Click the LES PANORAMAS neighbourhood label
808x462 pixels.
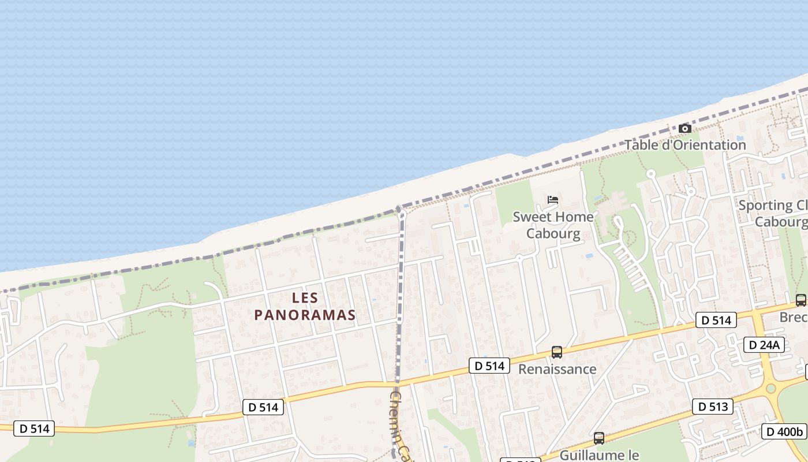(x=305, y=306)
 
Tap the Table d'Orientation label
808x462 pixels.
(x=685, y=145)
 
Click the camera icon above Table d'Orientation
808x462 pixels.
(x=685, y=128)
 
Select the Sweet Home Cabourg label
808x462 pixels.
(x=553, y=225)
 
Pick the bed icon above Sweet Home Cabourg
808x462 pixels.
(x=553, y=200)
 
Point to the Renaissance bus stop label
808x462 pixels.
(x=557, y=369)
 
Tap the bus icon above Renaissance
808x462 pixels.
(x=557, y=352)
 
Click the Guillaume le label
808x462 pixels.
(x=600, y=455)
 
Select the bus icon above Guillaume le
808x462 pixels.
(x=599, y=438)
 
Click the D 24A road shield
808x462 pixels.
(x=764, y=345)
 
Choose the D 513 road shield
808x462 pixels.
(x=712, y=407)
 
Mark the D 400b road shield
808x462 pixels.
(x=784, y=431)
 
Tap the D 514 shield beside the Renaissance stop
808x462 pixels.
(x=489, y=366)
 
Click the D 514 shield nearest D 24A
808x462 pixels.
(x=716, y=320)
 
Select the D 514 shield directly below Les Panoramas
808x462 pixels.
(x=263, y=407)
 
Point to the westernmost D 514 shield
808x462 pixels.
(x=34, y=429)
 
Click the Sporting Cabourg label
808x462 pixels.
(x=773, y=214)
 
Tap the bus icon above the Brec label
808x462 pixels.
(x=800, y=300)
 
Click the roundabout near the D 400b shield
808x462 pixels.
(x=771, y=389)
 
